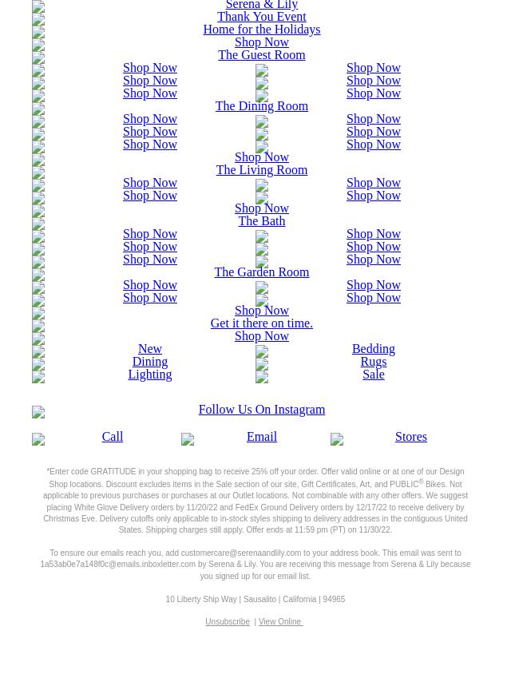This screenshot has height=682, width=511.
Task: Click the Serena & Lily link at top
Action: [x=261, y=5]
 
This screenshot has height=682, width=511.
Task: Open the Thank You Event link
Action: [x=261, y=17]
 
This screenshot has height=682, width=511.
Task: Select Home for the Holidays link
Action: [x=261, y=30]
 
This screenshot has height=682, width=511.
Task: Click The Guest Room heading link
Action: [x=261, y=55]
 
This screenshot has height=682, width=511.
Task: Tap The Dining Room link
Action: [x=261, y=106]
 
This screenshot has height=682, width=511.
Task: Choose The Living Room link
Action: [x=261, y=170]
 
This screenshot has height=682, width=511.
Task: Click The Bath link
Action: [x=261, y=221]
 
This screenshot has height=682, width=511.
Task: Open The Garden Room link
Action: [x=261, y=272]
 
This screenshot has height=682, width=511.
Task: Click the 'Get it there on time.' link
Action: [x=261, y=323]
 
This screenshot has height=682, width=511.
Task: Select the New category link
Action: [x=149, y=349]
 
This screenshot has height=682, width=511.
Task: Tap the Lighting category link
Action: [x=149, y=375]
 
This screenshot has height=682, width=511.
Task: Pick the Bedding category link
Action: [x=373, y=349]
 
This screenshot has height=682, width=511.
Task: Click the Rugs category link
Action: [x=373, y=362]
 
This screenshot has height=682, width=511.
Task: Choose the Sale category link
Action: [x=373, y=375]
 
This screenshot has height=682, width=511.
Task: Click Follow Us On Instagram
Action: [x=261, y=410]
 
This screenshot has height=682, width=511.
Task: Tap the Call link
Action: [x=112, y=437]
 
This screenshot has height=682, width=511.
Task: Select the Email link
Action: [x=261, y=437]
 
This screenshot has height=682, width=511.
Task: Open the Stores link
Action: [x=410, y=437]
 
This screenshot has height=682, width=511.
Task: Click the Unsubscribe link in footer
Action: [x=228, y=622]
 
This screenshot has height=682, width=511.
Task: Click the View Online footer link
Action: [x=279, y=622]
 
